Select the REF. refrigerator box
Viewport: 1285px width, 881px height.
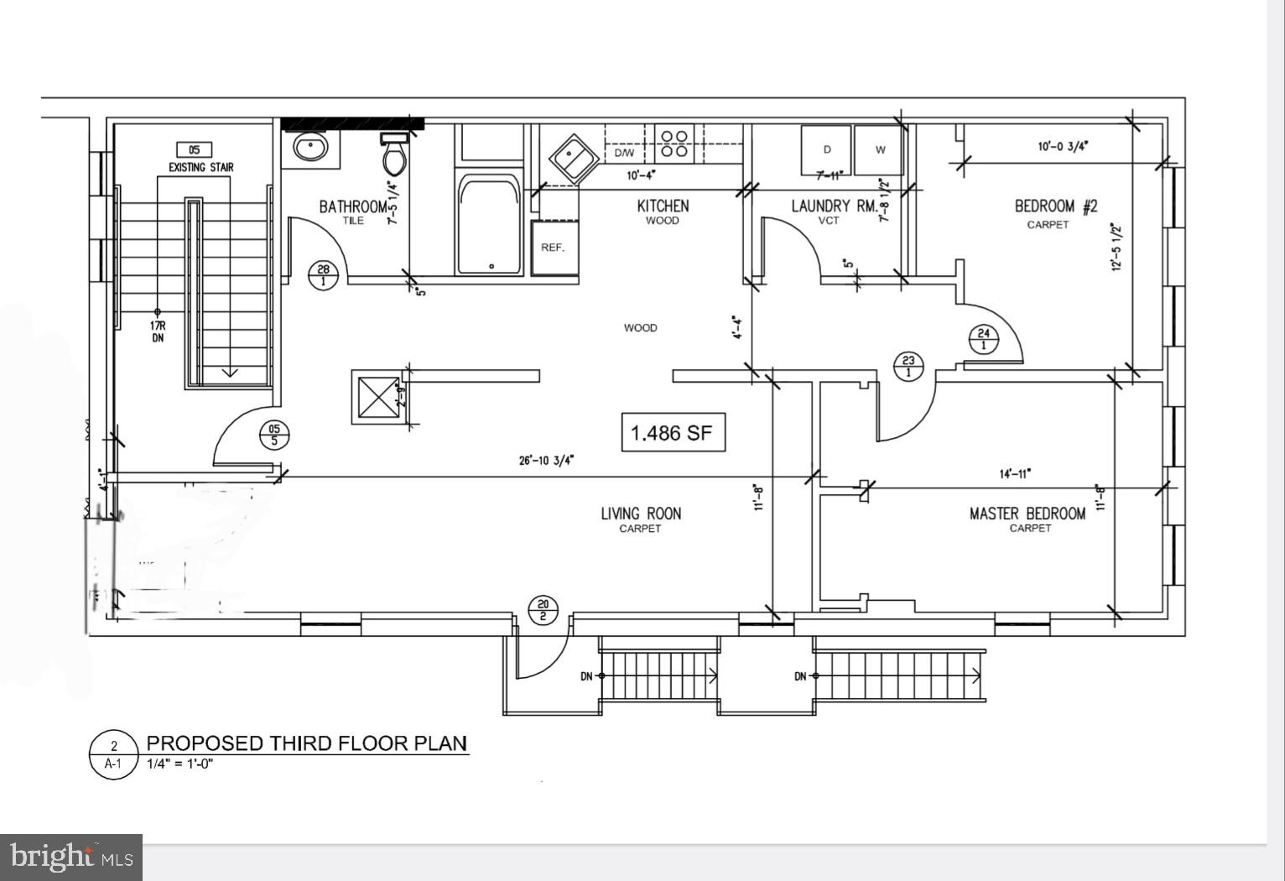coord(553,248)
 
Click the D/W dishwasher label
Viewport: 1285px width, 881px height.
coord(624,153)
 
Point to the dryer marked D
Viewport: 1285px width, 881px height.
coord(826,149)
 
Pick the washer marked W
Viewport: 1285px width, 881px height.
coord(880,149)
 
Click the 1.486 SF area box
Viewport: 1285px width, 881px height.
coord(672,433)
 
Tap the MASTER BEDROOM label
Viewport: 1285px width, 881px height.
coord(1027,513)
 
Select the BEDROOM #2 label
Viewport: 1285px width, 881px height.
coord(1055,206)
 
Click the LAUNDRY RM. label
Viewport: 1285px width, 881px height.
coord(834,206)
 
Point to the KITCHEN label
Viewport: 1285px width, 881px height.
coord(663,206)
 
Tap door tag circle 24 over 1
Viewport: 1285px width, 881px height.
coord(984,339)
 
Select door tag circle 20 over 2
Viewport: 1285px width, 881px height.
coord(543,610)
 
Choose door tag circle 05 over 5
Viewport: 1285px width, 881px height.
coord(273,435)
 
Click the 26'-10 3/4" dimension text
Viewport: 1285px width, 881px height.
coord(547,460)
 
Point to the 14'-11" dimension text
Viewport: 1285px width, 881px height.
coord(1015,473)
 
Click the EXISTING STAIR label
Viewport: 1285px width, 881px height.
coord(201,167)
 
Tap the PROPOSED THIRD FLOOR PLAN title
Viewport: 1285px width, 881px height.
coord(307,743)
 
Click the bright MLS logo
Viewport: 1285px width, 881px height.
coord(71,857)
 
